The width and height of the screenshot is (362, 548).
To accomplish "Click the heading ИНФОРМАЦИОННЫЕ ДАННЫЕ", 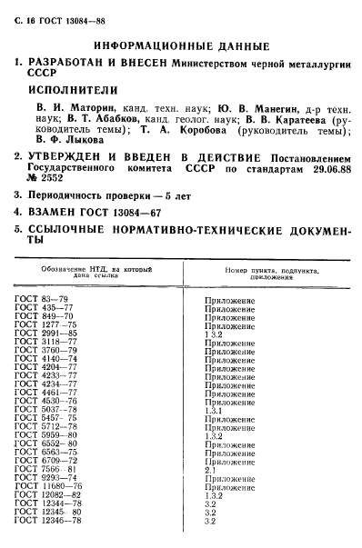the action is (181, 45).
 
